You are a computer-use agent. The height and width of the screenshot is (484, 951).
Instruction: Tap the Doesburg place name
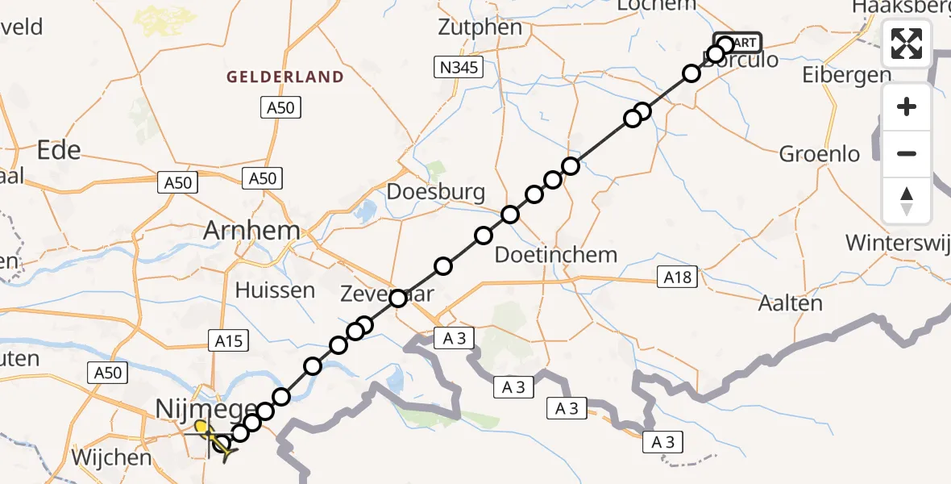coord(436,192)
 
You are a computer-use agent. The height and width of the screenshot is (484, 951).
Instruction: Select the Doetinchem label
coord(555,255)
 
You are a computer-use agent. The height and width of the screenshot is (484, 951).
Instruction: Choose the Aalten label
coord(790,303)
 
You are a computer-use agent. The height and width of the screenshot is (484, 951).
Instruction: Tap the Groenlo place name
coord(820,154)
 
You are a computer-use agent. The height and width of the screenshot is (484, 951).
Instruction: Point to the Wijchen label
coord(111,457)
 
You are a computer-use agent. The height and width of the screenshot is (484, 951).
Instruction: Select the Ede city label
coord(59,150)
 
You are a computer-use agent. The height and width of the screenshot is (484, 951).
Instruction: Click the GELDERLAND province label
coord(285,77)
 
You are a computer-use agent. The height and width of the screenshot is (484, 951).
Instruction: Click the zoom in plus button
coord(907,106)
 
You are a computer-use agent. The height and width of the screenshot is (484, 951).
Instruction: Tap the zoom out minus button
coord(907,153)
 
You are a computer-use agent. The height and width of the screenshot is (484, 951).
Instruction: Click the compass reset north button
coord(907,200)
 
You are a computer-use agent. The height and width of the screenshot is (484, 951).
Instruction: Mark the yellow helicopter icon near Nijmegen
coord(212,439)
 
